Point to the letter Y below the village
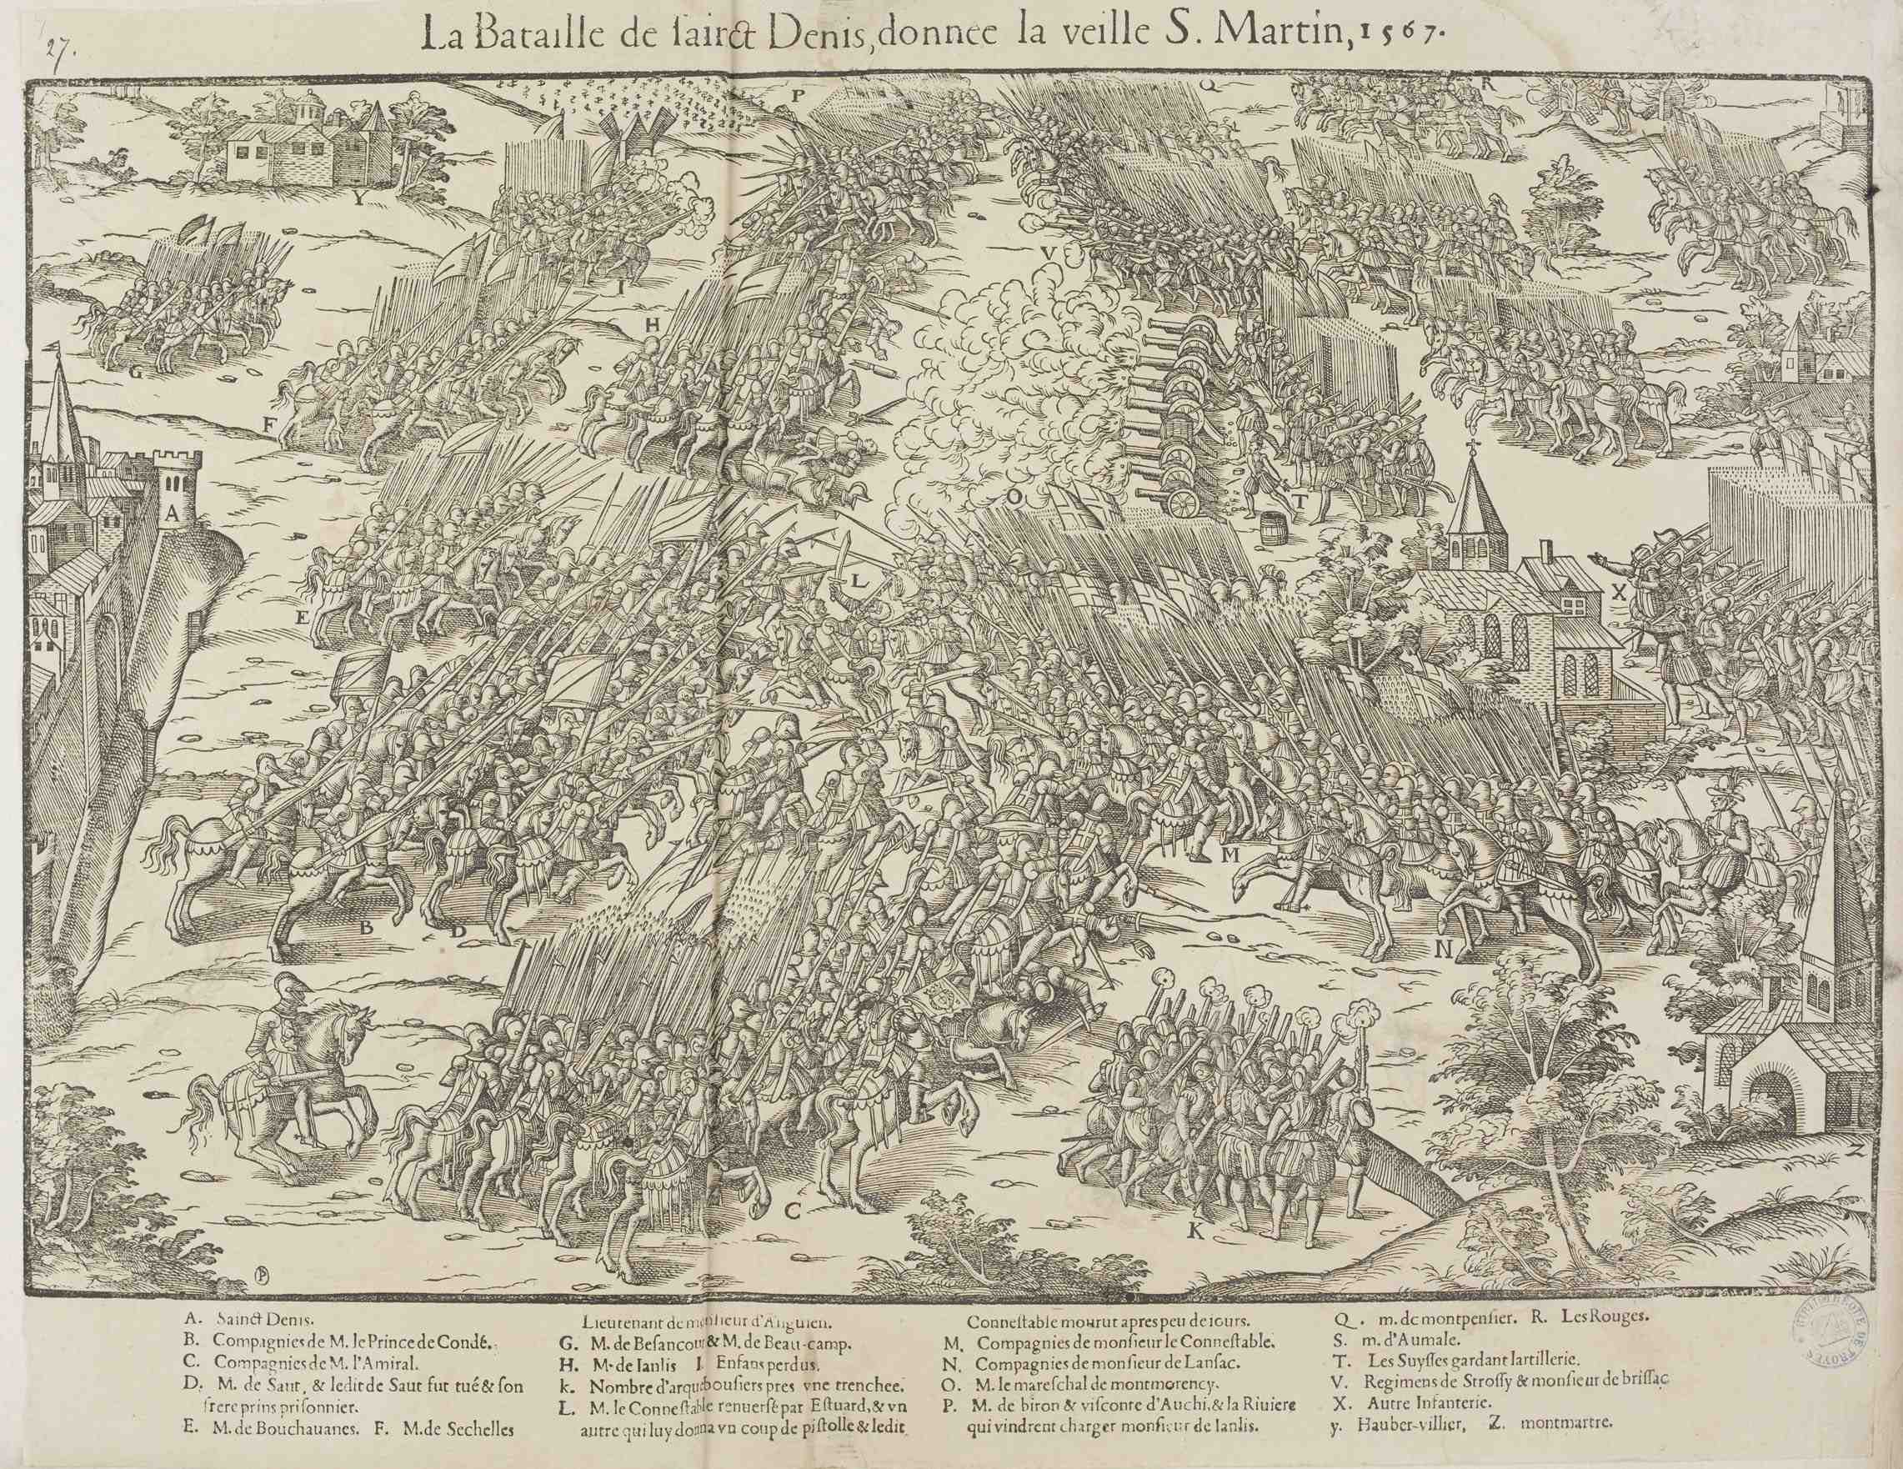point(358,198)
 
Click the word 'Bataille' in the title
point(543,37)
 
